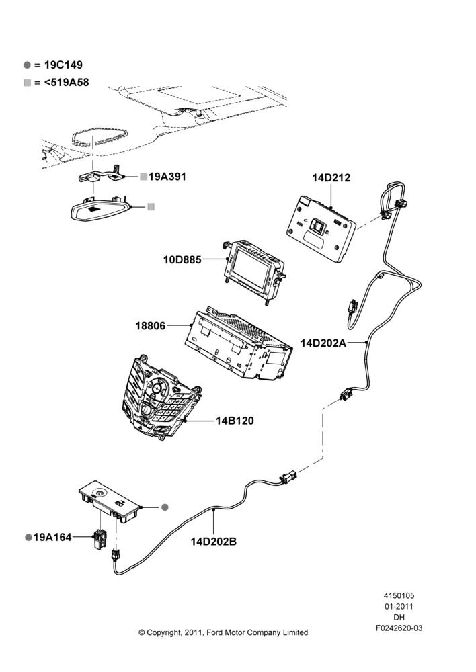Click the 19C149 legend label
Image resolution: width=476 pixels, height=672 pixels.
tap(63, 65)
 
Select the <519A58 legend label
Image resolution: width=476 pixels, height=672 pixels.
tap(67, 82)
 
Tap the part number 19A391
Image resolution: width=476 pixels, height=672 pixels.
tap(167, 177)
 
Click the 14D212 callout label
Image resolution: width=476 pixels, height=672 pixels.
tap(331, 177)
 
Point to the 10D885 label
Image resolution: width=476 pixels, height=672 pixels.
tap(182, 259)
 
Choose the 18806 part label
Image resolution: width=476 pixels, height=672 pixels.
tap(150, 326)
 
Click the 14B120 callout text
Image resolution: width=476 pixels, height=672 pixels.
tap(235, 421)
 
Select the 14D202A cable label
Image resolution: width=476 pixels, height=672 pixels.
tap(323, 343)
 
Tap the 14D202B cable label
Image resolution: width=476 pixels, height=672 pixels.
tap(214, 542)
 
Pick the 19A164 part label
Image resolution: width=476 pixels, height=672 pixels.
tap(52, 538)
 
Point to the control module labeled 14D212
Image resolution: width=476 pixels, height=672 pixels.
tap(321, 229)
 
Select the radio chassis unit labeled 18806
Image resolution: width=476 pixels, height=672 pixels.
tap(238, 342)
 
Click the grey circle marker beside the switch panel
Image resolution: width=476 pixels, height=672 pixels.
tap(165, 507)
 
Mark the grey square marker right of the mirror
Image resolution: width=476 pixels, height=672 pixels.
tap(151, 207)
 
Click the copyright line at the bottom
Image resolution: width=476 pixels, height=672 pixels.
tap(223, 632)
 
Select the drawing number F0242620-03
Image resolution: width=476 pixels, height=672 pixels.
tap(399, 628)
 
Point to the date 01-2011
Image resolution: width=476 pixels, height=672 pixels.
tap(399, 606)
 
